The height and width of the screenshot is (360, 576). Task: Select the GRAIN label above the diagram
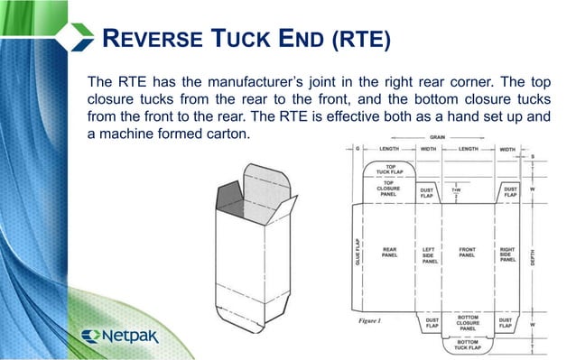click(x=437, y=136)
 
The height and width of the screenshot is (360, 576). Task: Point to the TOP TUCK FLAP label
click(x=390, y=170)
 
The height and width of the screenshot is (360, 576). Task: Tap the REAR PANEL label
click(x=390, y=253)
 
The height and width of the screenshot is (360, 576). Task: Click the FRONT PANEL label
click(x=467, y=253)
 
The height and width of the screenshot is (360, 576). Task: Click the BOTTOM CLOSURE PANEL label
click(x=467, y=322)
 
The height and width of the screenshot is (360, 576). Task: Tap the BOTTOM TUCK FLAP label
click(x=467, y=345)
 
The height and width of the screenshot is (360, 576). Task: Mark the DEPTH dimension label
click(x=543, y=254)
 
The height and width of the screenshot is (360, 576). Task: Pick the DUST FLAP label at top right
click(x=509, y=192)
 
